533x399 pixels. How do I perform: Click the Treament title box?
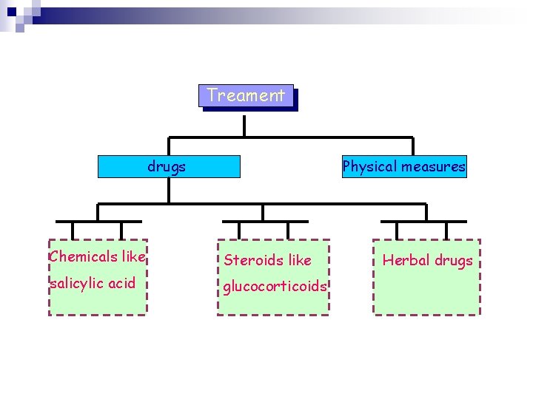coord(247,96)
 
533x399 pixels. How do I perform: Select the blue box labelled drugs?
coord(169,166)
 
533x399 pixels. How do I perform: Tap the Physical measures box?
coord(403,166)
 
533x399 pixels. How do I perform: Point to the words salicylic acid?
coord(92,283)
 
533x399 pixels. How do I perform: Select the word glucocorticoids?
coord(275,287)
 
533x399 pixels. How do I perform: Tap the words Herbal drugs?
coord(427,260)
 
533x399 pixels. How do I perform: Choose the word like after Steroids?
coord(300,260)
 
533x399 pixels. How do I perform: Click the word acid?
coord(121,283)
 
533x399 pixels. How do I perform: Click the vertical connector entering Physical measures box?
coord(412,146)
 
